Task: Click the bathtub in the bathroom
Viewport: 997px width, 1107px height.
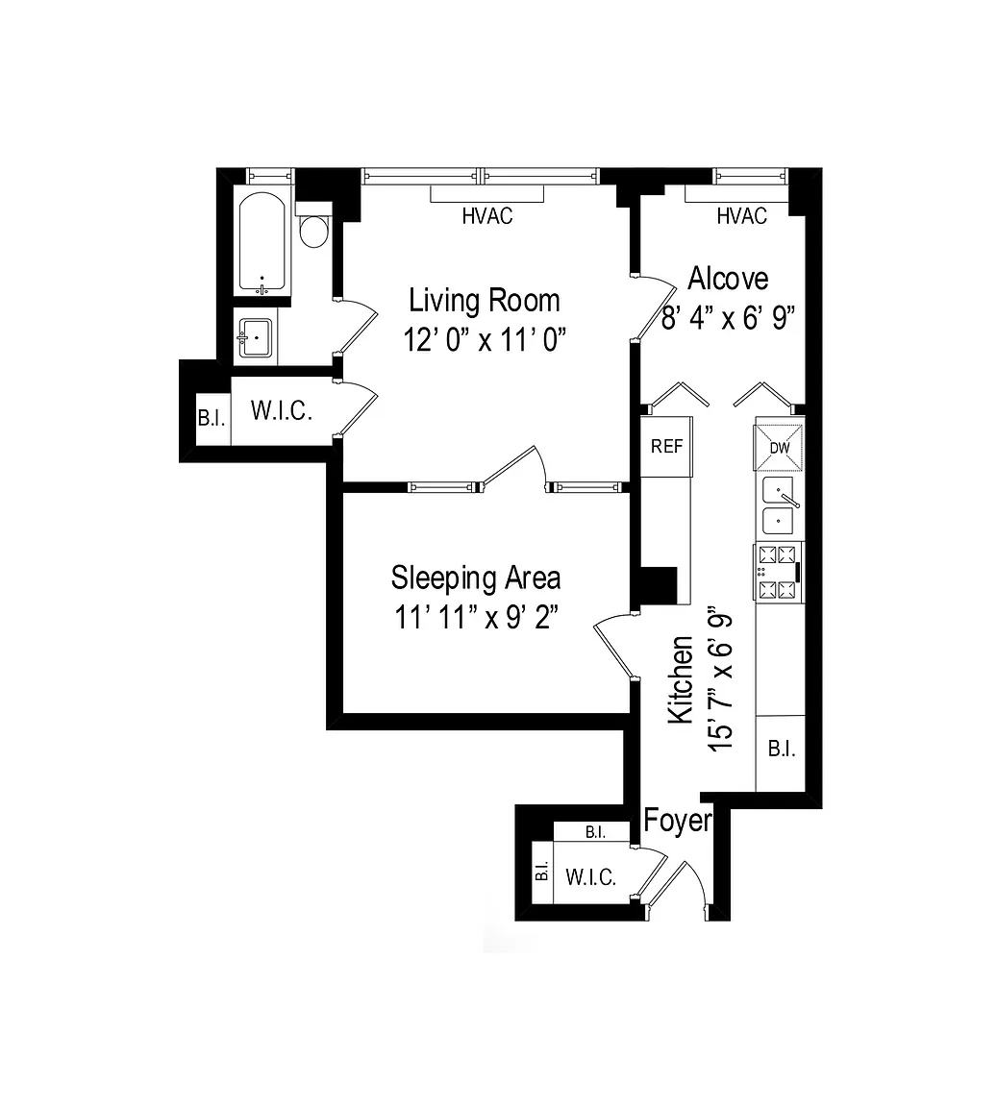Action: (262, 243)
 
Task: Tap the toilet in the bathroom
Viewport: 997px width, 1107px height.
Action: (313, 225)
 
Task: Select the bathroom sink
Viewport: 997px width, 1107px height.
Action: (255, 338)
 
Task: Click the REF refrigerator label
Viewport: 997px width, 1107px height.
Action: (666, 446)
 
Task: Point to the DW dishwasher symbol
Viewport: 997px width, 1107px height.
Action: (780, 448)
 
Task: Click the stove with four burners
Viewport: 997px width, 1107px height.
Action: (779, 572)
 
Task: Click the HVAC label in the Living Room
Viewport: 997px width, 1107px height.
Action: (486, 216)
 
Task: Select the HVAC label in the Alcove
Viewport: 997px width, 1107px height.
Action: (741, 216)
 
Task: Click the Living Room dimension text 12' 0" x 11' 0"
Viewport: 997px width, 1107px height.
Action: (485, 340)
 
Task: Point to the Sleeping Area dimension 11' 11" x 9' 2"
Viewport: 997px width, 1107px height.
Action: (476, 618)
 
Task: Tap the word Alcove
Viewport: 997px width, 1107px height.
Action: (728, 279)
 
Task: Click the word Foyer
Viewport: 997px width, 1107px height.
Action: (677, 822)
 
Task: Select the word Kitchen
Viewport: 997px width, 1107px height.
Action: (681, 679)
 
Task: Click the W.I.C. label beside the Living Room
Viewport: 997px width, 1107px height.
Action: (282, 411)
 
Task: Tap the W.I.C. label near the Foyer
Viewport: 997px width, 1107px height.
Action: (590, 877)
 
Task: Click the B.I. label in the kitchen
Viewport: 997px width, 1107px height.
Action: (782, 750)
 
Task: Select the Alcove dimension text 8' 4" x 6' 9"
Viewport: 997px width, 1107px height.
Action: (728, 318)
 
